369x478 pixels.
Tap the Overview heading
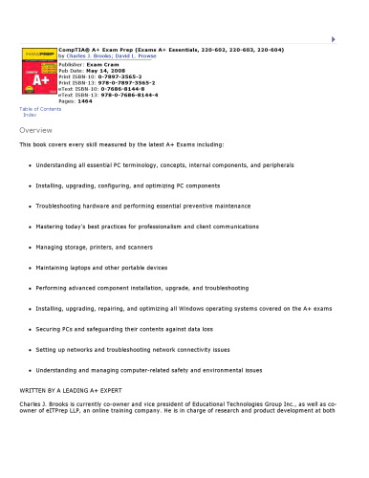click(x=35, y=129)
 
